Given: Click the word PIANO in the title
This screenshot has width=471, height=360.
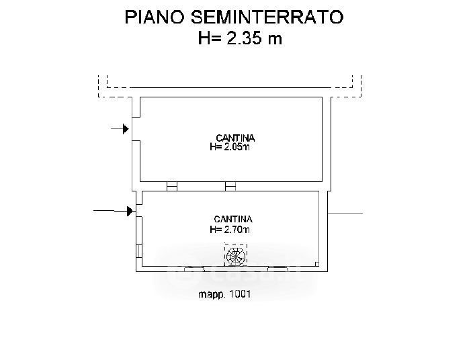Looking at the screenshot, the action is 155,17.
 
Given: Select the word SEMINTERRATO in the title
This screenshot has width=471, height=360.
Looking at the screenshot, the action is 267,17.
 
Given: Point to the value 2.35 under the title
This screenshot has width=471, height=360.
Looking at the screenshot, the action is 244,38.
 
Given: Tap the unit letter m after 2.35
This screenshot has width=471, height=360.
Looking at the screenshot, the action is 275,40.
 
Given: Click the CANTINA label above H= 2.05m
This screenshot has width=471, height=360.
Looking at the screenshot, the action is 235,138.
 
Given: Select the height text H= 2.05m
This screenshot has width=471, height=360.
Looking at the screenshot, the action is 230,147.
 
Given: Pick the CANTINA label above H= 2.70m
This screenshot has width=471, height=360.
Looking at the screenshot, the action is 232,219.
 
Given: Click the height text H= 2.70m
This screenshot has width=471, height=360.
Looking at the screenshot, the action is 230,230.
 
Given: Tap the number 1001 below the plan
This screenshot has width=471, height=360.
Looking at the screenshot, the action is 240,294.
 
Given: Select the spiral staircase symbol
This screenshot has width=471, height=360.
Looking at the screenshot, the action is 236,255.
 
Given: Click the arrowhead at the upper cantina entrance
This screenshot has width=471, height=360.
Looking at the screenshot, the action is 126,129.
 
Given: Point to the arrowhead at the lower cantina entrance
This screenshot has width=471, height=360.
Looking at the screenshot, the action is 130,211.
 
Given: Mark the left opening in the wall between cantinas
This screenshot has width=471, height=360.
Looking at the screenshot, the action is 172,187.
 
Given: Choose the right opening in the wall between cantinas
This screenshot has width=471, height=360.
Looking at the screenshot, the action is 230,187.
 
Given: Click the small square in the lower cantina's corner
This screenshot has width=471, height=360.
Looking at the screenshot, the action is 317,264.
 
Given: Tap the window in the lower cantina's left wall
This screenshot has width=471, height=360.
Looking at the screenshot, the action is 139,251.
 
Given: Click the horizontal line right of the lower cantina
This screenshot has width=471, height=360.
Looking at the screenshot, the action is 345,213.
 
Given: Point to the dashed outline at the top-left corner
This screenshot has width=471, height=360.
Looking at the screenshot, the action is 115,87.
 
